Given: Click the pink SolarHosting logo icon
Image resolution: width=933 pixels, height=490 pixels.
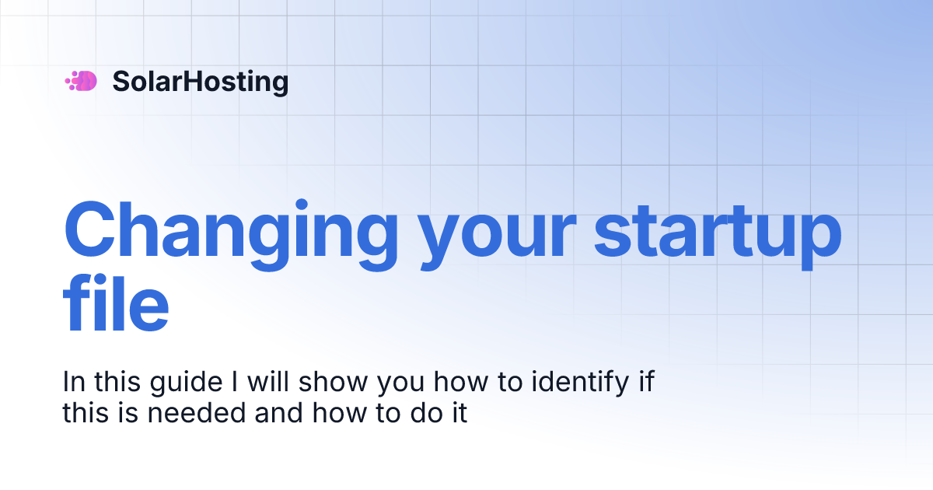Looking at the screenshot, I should point(81,81).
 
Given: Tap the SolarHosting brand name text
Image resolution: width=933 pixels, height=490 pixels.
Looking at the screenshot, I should point(200,81).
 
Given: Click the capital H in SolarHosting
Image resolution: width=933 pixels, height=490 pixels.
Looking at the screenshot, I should point(191,81).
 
